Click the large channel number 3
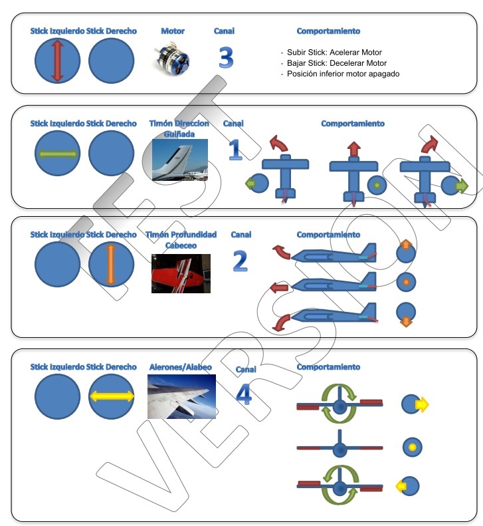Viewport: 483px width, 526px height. tap(226, 59)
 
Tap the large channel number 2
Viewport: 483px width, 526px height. tap(240, 261)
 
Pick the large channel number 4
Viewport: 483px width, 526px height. tap(244, 396)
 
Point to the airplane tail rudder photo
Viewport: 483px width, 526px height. tap(179, 160)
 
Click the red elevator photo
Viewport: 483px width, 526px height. tap(181, 273)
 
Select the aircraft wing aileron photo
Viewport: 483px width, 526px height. tap(181, 397)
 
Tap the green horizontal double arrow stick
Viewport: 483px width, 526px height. tap(57, 154)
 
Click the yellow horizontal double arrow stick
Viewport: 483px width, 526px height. tap(111, 396)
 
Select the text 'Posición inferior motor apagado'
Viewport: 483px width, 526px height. tap(343, 74)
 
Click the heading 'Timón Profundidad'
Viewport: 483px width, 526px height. tap(177, 235)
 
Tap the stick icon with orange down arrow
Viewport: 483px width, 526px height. tap(405, 313)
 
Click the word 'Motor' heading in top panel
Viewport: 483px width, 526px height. tap(173, 31)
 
